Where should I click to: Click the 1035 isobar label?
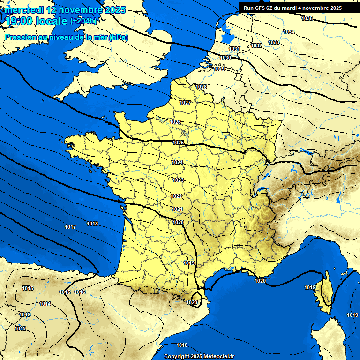tap(307, 18)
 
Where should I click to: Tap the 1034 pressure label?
tap(289, 32)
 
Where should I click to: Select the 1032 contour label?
tap(256, 45)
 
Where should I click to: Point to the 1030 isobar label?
tap(225, 58)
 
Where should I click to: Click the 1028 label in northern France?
tap(202, 87)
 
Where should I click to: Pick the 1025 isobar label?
tap(178, 142)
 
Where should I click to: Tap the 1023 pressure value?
tap(178, 180)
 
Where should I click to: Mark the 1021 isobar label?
tap(177, 209)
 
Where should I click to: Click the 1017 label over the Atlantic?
tap(70, 227)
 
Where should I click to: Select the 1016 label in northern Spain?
tap(80, 292)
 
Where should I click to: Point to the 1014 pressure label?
tap(45, 304)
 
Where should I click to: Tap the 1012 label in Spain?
tap(20, 329)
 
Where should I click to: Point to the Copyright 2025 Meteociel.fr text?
tap(199, 356)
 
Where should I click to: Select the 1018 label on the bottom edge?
tap(182, 345)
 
